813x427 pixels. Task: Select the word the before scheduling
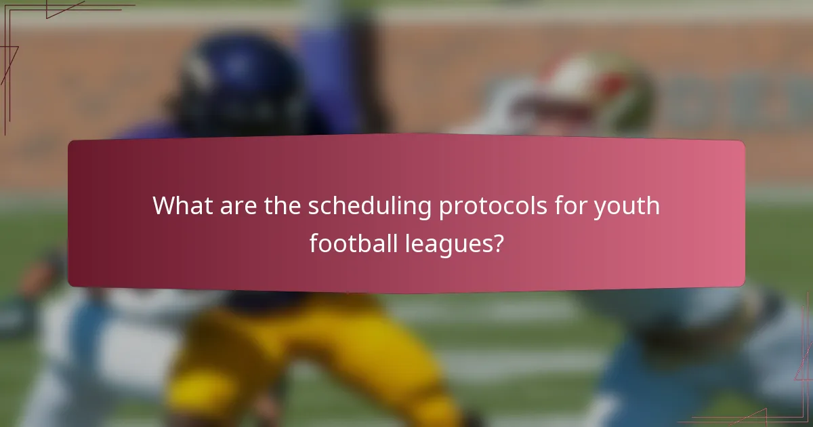(x=282, y=205)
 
